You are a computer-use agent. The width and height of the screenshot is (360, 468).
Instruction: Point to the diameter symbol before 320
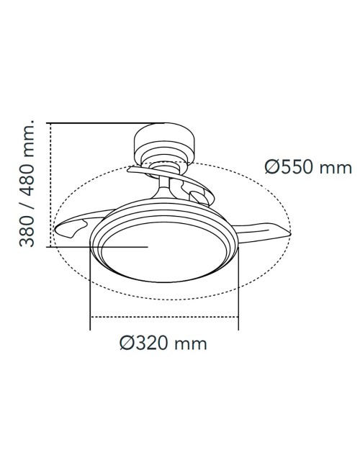click(x=127, y=343)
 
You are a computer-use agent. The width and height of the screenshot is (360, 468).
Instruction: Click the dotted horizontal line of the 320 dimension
click(x=163, y=318)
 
